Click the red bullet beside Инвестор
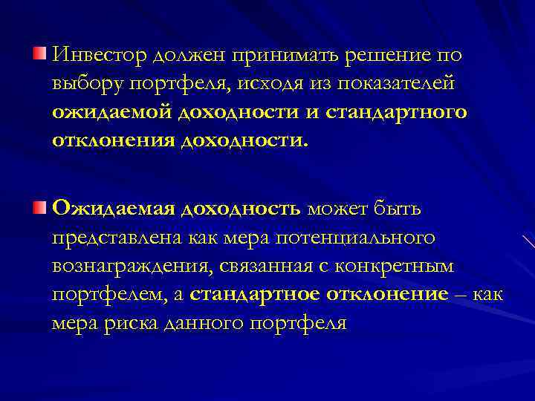(39, 53)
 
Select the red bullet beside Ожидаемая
(39, 205)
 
